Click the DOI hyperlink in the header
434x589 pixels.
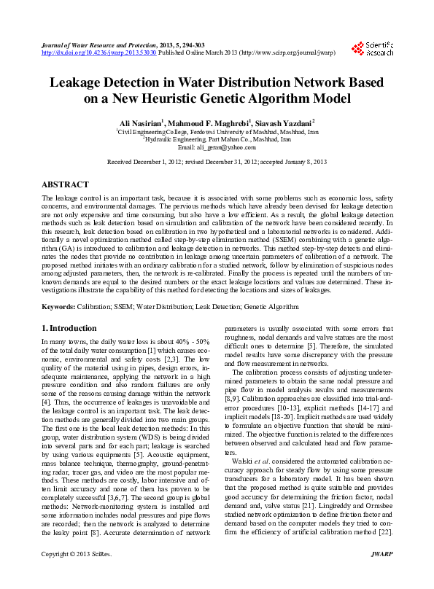coord(98,53)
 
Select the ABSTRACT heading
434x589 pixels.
coord(66,185)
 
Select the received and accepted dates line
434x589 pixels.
coord(217,163)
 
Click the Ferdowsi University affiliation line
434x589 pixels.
coord(217,131)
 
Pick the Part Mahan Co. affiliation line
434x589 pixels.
coord(217,139)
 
